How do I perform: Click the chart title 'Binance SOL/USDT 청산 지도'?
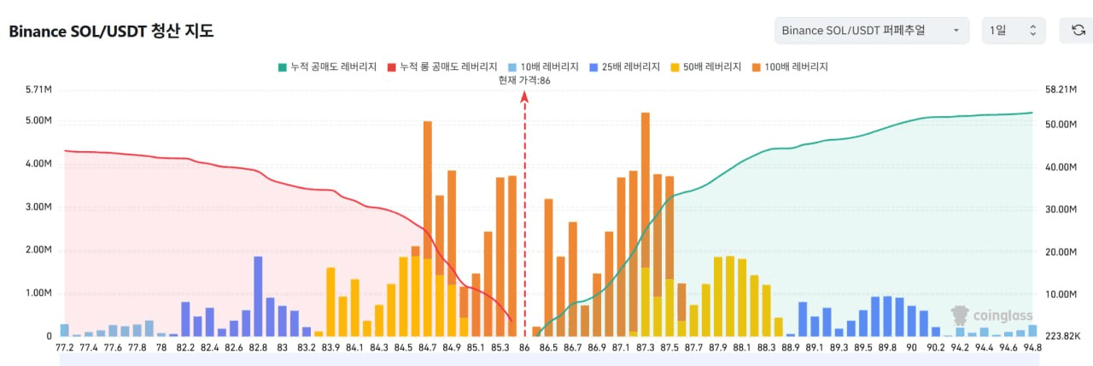111,32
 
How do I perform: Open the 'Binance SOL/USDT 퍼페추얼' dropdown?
871,31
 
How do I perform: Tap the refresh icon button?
1078,31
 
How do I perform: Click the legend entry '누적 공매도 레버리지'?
329,67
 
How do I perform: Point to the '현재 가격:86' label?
524,80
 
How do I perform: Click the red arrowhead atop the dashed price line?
524,97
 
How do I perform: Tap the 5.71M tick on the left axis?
40,89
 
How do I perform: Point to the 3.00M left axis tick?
40,206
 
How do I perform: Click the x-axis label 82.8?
258,348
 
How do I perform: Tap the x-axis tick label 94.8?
1032,348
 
